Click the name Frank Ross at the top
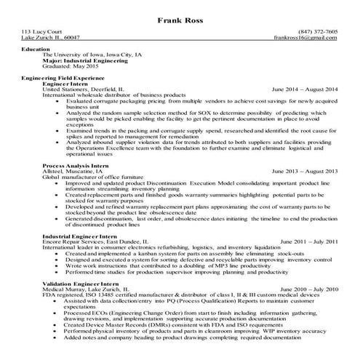coord(180,20)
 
